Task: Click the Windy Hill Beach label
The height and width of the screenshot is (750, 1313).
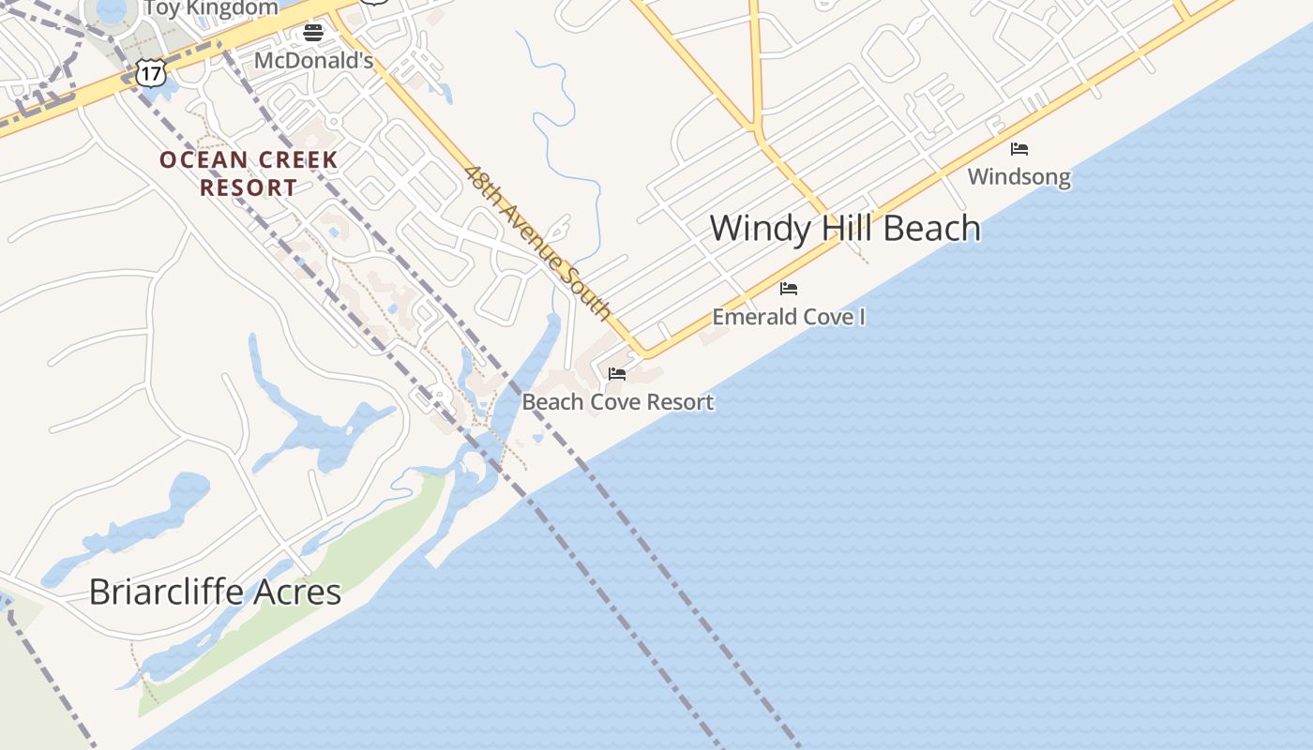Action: pos(844,228)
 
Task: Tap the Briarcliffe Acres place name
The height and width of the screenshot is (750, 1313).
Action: pos(215,592)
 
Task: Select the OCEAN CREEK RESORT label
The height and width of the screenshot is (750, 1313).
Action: pos(248,173)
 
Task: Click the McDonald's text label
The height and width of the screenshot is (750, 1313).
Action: pos(314,61)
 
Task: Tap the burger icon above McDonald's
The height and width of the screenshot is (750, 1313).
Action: pos(313,34)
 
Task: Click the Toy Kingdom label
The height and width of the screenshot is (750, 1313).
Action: pos(210,8)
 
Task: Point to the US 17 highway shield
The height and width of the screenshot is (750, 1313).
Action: pos(150,72)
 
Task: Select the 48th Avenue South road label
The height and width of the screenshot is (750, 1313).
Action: pos(538,243)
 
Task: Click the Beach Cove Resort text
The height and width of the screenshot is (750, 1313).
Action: pos(618,402)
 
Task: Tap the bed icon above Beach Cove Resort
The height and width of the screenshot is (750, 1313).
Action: pos(617,373)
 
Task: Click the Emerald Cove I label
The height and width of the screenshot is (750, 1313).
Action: pos(789,317)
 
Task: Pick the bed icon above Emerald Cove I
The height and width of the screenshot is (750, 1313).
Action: pos(789,288)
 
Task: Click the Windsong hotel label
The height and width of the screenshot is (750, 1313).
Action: pos(1019,176)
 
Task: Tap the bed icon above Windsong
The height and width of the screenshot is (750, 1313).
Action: pos(1019,148)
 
